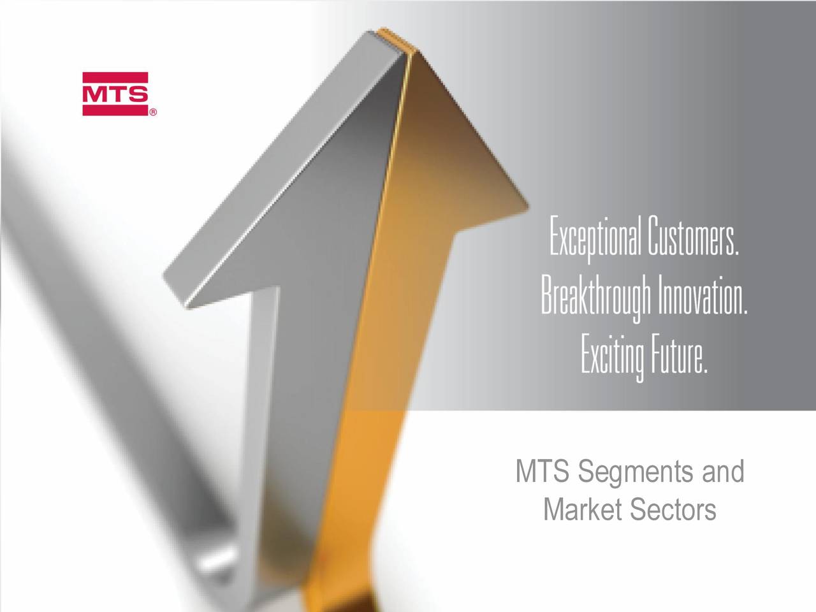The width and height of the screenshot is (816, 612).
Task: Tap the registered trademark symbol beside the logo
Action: tap(154, 113)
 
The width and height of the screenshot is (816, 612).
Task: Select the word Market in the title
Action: tap(582, 510)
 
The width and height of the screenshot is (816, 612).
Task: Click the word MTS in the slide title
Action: tap(542, 473)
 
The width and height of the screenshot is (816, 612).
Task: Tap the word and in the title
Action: tap(723, 473)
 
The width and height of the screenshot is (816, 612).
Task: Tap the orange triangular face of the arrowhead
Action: tap(446, 159)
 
